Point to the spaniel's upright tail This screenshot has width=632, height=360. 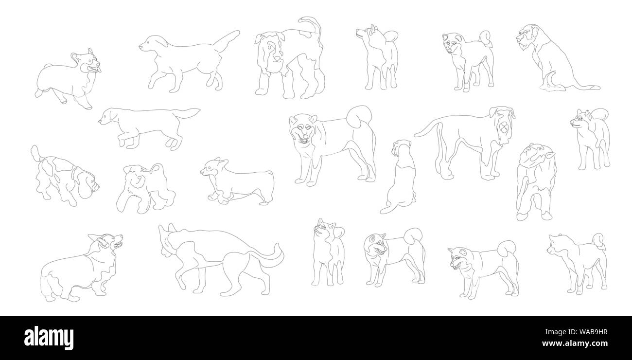click(35, 153)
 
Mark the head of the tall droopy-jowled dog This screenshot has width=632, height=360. click(503, 124)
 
